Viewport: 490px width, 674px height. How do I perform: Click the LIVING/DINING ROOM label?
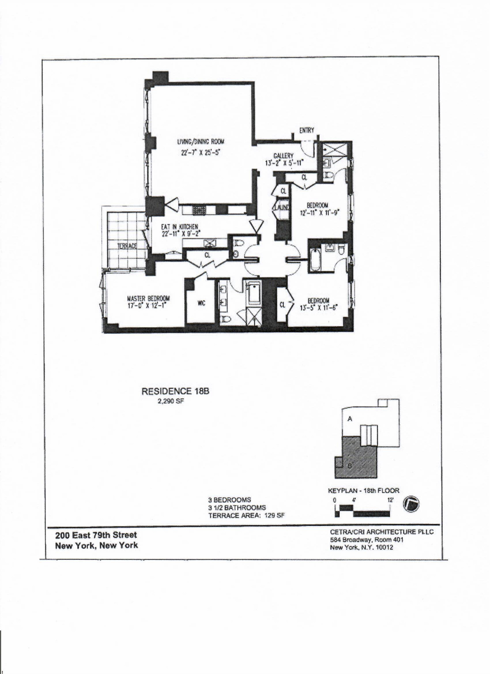[x=200, y=141]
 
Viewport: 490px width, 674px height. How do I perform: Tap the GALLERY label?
[x=283, y=156]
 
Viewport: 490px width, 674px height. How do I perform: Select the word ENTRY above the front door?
[x=307, y=130]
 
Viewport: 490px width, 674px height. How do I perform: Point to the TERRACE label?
[x=126, y=246]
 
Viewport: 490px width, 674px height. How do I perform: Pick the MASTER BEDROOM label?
[x=148, y=298]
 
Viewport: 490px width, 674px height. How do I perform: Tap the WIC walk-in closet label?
[x=201, y=303]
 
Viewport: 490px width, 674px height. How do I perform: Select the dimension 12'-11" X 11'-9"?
[x=319, y=212]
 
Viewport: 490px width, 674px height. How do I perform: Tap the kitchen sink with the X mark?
[x=210, y=243]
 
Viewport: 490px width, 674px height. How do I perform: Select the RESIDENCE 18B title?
[x=175, y=391]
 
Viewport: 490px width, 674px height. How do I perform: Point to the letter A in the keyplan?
[x=350, y=419]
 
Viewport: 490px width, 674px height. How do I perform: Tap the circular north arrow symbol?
[x=411, y=504]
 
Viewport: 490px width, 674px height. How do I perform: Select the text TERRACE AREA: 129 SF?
[x=246, y=516]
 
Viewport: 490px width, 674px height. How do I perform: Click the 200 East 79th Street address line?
[x=96, y=535]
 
